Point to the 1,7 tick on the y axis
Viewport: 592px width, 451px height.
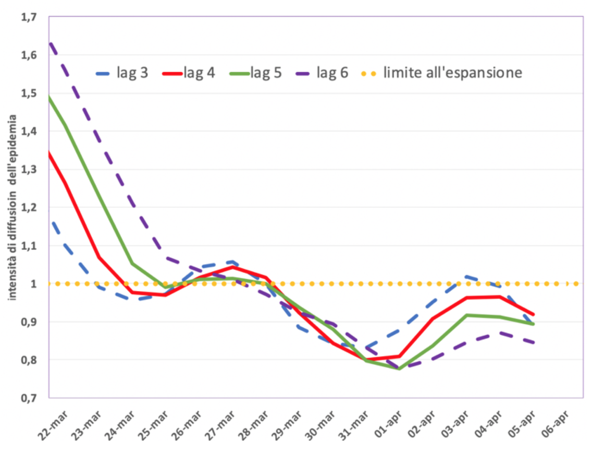point(29,17)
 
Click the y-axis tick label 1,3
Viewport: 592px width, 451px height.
point(29,170)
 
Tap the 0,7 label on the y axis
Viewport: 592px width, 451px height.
point(29,398)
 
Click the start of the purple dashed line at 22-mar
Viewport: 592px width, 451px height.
point(50,43)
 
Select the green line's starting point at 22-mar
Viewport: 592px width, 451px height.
point(49,97)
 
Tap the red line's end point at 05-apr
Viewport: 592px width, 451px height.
point(533,315)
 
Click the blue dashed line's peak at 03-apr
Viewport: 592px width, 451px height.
point(467,276)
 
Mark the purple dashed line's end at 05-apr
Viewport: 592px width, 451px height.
point(533,343)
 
